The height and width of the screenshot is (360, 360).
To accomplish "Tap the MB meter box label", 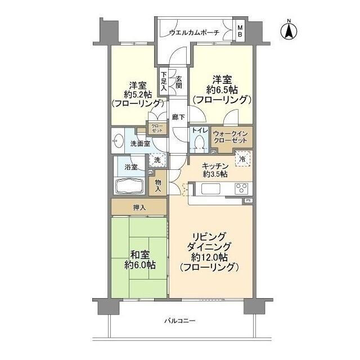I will [240, 31].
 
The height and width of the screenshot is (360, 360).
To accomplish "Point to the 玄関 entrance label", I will [179, 83].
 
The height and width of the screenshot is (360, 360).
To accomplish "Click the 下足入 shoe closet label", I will [164, 80].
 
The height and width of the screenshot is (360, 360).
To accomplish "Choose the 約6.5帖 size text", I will [220, 90].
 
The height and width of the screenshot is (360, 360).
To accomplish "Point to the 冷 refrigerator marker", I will [242, 159].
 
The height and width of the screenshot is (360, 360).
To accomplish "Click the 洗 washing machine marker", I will [157, 160].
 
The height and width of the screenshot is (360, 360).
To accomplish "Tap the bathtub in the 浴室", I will [130, 186].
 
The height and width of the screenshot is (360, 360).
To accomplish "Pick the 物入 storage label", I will [158, 185].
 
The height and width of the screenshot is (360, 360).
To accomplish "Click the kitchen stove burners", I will [241, 188].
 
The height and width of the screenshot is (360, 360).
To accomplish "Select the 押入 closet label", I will [139, 208].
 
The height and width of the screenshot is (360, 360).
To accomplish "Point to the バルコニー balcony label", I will [179, 321].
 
